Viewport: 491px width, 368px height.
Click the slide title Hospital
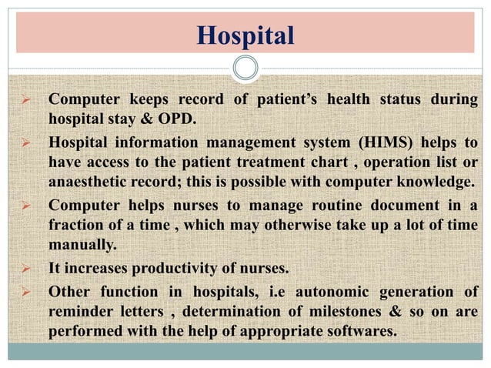[245, 35]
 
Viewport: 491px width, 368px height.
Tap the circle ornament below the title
[245, 68]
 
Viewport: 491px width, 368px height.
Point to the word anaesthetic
[86, 181]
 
